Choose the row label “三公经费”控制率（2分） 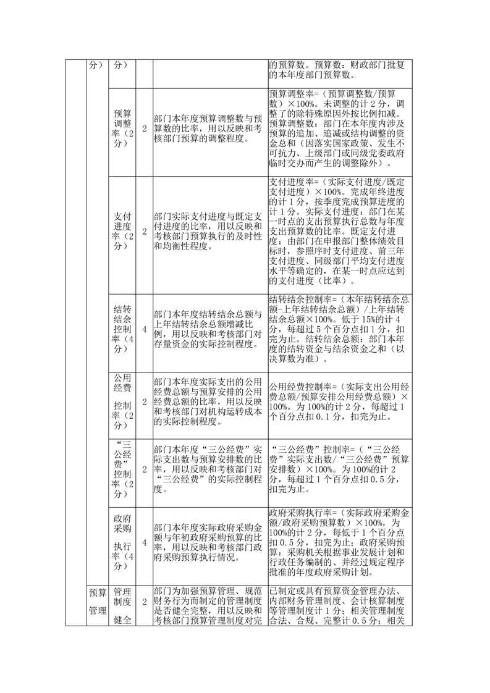[122, 469]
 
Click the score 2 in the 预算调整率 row [145, 129]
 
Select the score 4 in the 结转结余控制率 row [145, 329]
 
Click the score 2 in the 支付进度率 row [145, 231]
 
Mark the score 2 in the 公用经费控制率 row [145, 401]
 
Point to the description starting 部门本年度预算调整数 [209, 129]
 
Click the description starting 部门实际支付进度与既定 [209, 231]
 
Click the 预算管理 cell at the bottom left [97, 605]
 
